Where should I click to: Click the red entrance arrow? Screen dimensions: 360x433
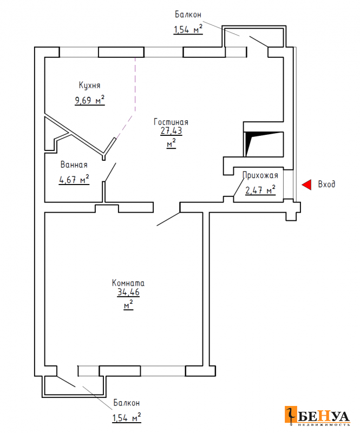click(307, 185)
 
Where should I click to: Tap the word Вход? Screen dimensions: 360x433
click(326, 184)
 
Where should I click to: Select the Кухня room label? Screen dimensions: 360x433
click(89, 86)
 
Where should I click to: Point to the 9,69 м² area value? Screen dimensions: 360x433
click(89, 100)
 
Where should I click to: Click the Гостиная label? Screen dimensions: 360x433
click(171, 122)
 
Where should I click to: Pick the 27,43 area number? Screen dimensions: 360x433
click(171, 130)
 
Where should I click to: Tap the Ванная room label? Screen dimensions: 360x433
click(74, 165)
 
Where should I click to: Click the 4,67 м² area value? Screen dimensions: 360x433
click(74, 180)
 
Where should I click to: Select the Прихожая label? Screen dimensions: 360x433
click(260, 175)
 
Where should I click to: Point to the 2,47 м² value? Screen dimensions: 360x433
click(260, 190)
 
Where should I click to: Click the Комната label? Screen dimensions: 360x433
click(128, 283)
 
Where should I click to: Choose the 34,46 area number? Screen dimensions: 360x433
click(128, 292)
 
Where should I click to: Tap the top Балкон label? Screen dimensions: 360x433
click(188, 15)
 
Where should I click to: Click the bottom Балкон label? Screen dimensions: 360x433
click(127, 403)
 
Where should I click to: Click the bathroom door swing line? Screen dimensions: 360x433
click(110, 172)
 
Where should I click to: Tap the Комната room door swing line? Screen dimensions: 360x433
click(168, 219)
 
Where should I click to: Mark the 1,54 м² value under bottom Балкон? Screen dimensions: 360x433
click(127, 417)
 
